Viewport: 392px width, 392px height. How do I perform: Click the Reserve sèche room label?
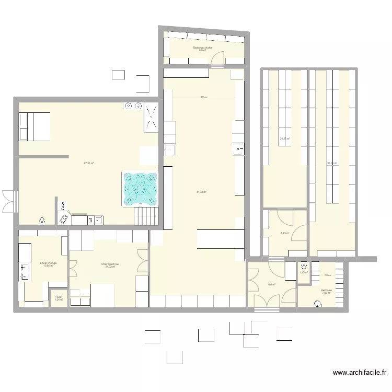(x=202, y=48)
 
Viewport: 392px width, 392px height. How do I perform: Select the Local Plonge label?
(x=48, y=263)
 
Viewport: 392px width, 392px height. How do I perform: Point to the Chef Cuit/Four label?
(x=111, y=264)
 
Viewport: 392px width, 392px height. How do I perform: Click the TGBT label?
(x=59, y=297)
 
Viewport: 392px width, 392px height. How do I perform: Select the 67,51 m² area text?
(x=88, y=163)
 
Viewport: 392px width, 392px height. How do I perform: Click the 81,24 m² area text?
(x=201, y=192)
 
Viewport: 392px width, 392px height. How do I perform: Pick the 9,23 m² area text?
(x=284, y=234)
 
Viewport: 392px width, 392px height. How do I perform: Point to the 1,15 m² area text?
(x=303, y=272)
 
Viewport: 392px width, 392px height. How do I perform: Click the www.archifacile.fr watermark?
(x=360, y=373)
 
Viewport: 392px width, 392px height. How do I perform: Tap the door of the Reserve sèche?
(x=217, y=58)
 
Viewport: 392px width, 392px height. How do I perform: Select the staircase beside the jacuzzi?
(x=146, y=215)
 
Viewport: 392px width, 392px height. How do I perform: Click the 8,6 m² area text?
(x=272, y=284)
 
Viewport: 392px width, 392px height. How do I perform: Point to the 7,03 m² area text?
(x=326, y=293)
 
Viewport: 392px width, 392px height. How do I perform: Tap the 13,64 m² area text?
(x=48, y=266)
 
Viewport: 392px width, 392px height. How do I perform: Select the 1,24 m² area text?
(x=59, y=300)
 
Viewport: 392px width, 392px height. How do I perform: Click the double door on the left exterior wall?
(x=9, y=201)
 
